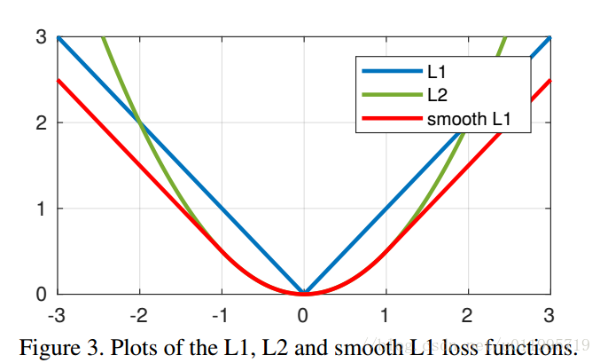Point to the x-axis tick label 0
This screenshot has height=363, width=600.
(303, 315)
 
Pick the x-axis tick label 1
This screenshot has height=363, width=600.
(386, 315)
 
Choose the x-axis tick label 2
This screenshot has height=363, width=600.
(467, 315)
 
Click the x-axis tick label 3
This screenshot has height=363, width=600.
(549, 315)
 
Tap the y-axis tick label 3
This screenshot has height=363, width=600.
(41, 37)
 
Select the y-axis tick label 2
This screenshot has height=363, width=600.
(41, 123)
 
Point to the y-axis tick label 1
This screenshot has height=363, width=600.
(41, 209)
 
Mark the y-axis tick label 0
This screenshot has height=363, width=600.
(41, 294)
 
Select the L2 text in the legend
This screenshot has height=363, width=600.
(435, 94)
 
